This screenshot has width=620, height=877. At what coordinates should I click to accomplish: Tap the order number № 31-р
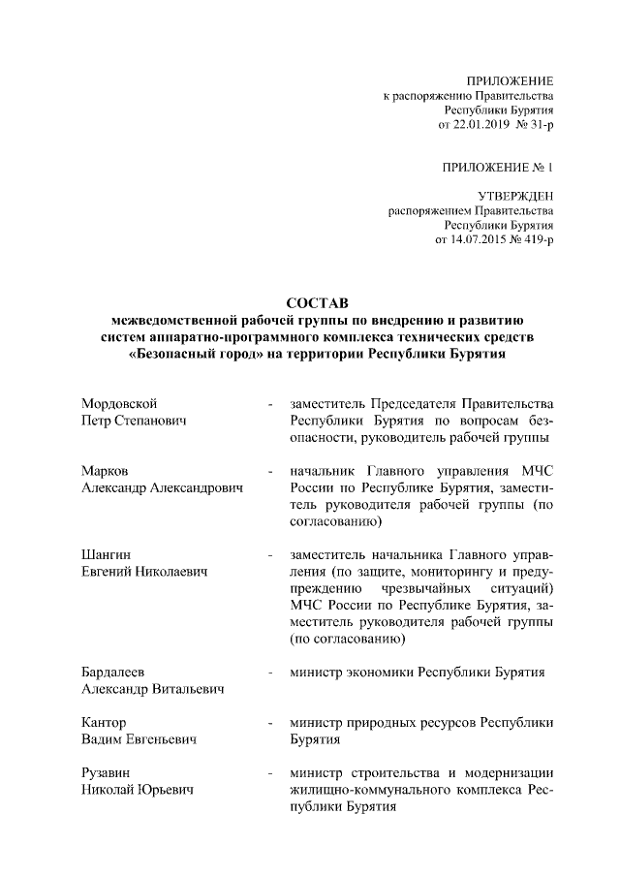(x=534, y=126)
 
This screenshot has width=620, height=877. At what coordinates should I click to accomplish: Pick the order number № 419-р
(x=531, y=239)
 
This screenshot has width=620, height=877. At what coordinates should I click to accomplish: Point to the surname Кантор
(x=105, y=723)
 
